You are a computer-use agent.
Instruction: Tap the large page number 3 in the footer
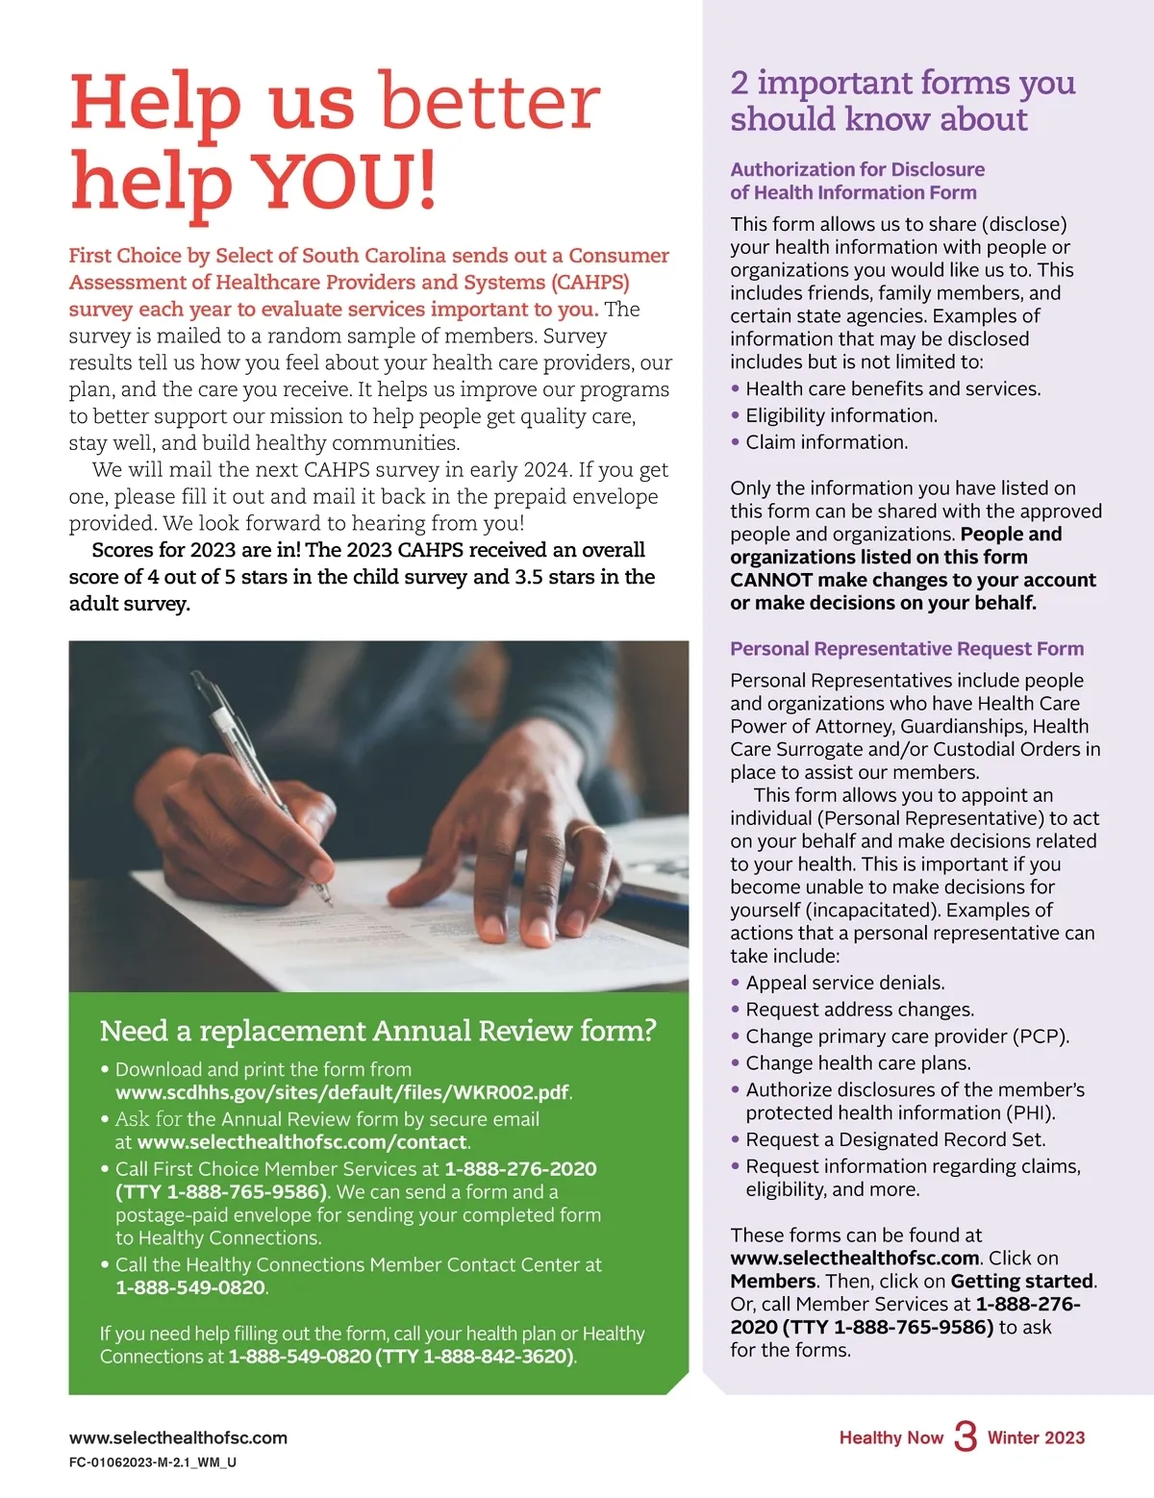(965, 1436)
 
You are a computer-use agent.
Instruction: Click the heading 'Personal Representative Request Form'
(907, 649)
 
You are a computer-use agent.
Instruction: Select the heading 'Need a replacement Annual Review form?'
(378, 1031)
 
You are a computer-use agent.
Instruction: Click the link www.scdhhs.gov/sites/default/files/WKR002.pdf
(342, 1092)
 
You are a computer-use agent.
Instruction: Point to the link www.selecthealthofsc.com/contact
(302, 1142)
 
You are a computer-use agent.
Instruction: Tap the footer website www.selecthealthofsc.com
(178, 1438)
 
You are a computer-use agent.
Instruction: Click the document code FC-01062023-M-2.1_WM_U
(152, 1462)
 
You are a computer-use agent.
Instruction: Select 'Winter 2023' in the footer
(1036, 1438)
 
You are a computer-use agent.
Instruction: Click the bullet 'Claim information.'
(826, 442)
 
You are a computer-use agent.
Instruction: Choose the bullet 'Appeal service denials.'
(844, 983)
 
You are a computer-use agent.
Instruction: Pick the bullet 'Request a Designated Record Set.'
(895, 1139)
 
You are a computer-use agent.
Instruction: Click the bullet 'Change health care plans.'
(858, 1063)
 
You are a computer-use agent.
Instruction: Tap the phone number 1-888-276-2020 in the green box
(520, 1169)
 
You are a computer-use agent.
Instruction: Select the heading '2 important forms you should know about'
(902, 101)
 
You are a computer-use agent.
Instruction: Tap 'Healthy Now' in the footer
(891, 1438)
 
